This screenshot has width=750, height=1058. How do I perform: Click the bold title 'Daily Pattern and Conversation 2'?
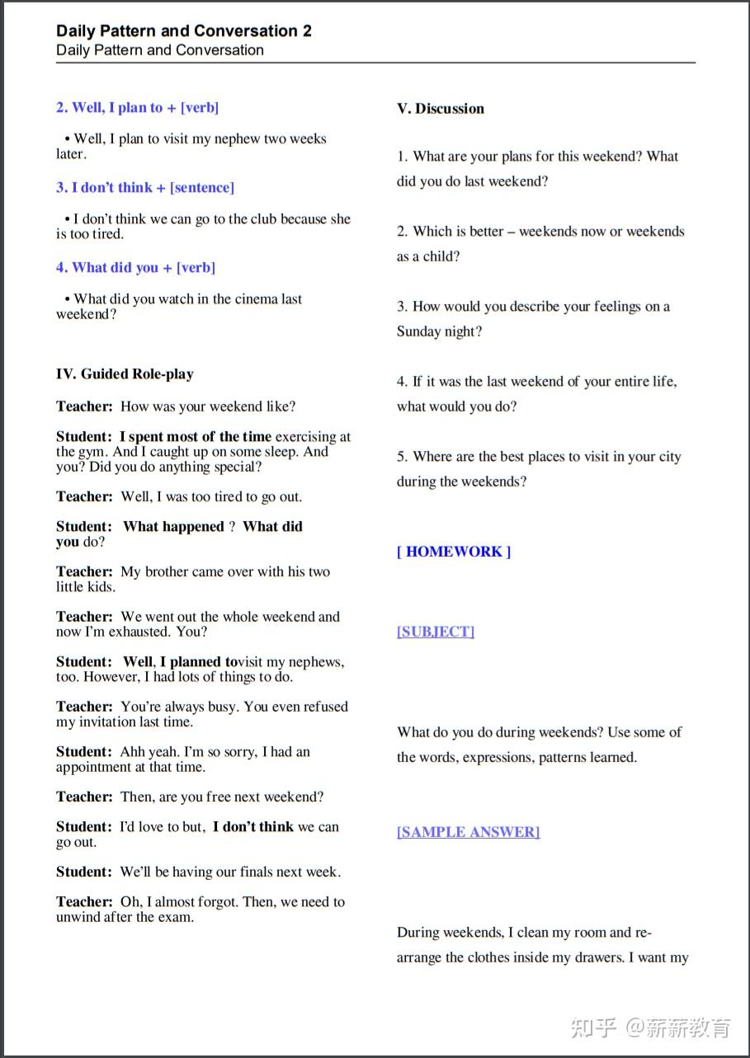click(184, 31)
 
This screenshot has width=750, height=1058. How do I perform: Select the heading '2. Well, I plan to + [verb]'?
click(137, 107)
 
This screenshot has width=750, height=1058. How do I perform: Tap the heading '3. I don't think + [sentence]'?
click(145, 187)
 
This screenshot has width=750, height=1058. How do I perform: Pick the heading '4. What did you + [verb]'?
click(135, 267)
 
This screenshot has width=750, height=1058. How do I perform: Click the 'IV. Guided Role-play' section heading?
click(125, 374)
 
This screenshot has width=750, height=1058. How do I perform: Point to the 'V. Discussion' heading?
click(441, 108)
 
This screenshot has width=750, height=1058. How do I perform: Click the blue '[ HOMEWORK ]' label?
click(454, 552)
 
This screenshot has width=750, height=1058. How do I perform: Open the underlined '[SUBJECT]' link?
click(436, 632)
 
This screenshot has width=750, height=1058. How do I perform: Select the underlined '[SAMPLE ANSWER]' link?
click(468, 832)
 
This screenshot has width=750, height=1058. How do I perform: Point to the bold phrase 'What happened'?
click(173, 526)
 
